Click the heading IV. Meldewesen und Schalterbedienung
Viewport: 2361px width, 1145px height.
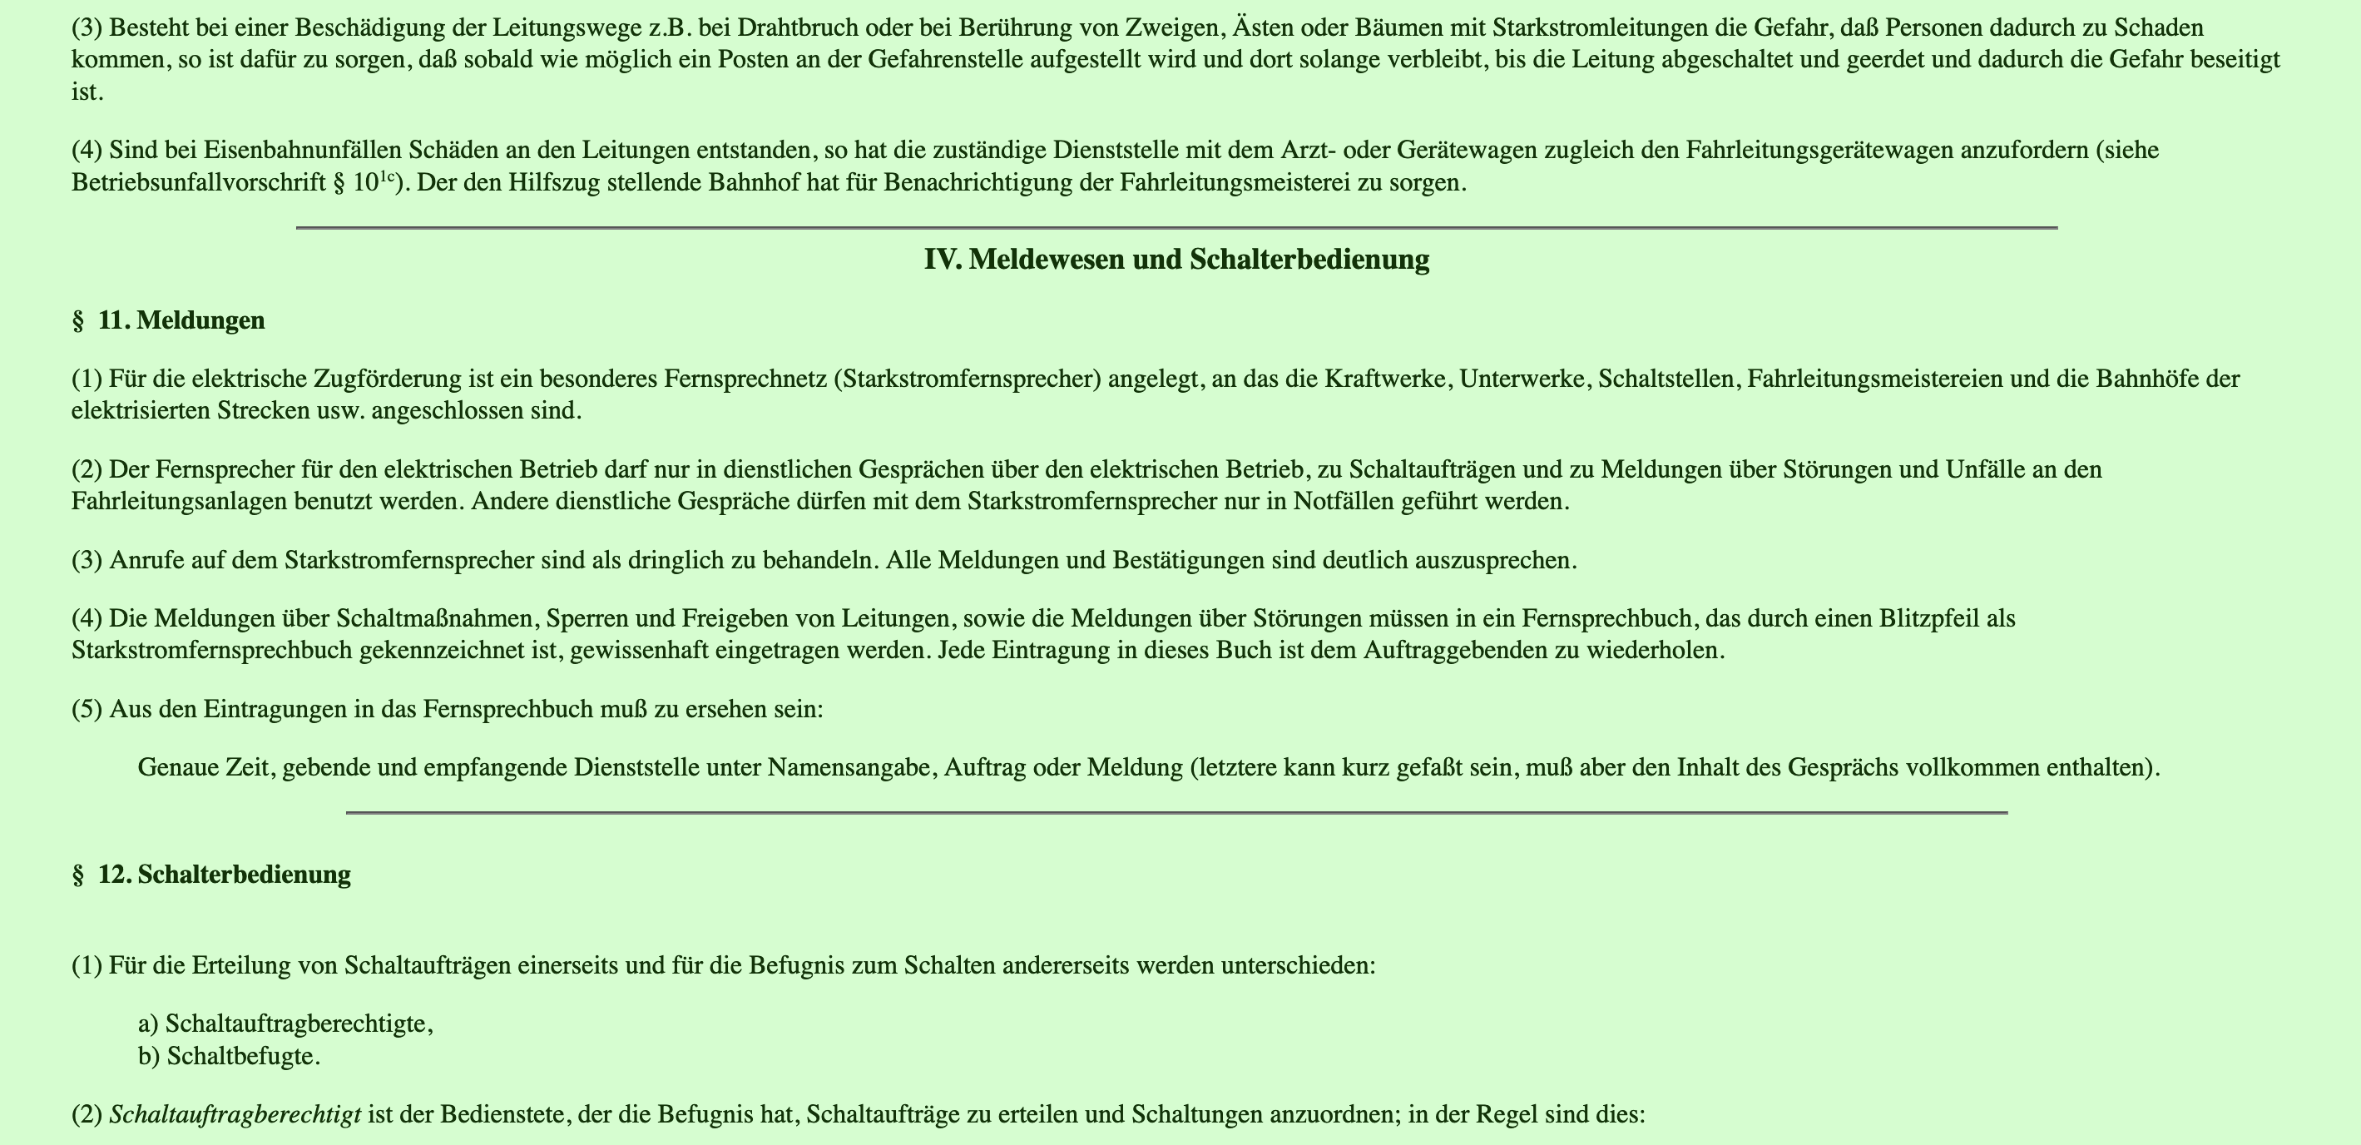tap(1176, 260)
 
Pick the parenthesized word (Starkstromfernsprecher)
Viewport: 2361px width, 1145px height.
tap(967, 378)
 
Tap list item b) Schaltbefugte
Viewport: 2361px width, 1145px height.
tap(229, 1056)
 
